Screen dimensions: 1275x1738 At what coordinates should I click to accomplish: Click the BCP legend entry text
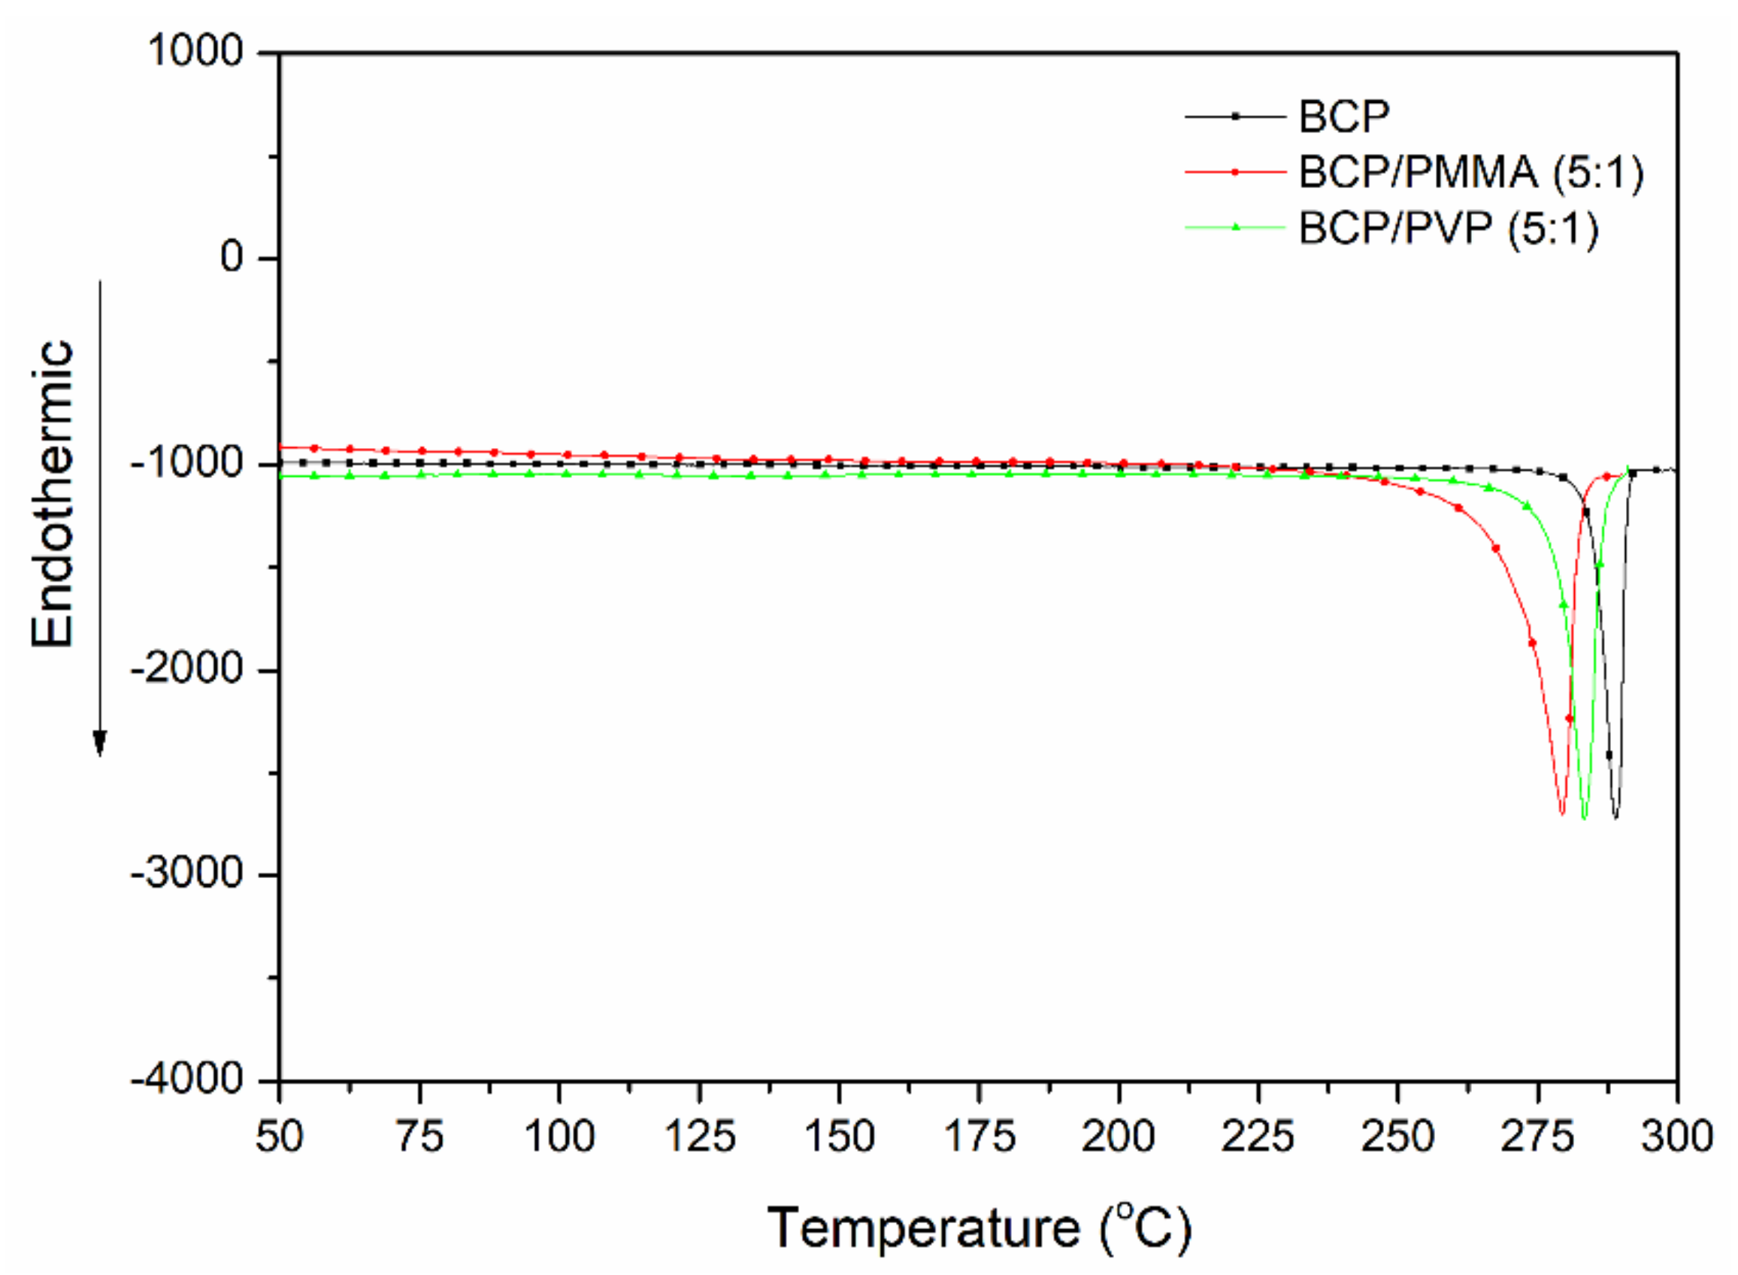click(x=1343, y=117)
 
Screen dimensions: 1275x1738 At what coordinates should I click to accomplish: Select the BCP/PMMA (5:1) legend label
click(x=1471, y=172)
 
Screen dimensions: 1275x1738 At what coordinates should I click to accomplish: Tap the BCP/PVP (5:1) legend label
click(x=1448, y=229)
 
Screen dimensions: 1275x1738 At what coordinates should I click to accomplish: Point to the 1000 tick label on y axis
click(x=195, y=52)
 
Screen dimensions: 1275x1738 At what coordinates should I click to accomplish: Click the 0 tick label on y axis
click(x=232, y=257)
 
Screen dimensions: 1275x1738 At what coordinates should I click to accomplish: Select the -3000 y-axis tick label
click(x=187, y=874)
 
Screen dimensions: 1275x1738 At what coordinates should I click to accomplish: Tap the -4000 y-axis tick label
click(x=187, y=1079)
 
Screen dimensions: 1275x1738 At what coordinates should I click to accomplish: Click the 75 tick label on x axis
click(x=419, y=1137)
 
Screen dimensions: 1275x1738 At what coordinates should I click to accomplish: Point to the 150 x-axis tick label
click(x=839, y=1137)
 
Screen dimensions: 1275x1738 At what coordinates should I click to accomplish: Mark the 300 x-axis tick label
click(x=1676, y=1137)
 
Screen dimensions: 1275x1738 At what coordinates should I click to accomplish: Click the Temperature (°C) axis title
click(x=979, y=1227)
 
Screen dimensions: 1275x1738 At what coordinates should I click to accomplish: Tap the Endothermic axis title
click(x=53, y=494)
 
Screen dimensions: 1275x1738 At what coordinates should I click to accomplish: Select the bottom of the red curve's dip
click(x=1561, y=813)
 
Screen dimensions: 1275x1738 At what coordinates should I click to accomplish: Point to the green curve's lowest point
click(x=1584, y=817)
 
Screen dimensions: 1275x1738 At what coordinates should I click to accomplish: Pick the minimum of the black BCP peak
click(x=1616, y=817)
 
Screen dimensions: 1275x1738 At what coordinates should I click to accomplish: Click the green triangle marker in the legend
click(x=1235, y=227)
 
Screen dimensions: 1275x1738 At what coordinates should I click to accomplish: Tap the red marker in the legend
click(x=1235, y=172)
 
